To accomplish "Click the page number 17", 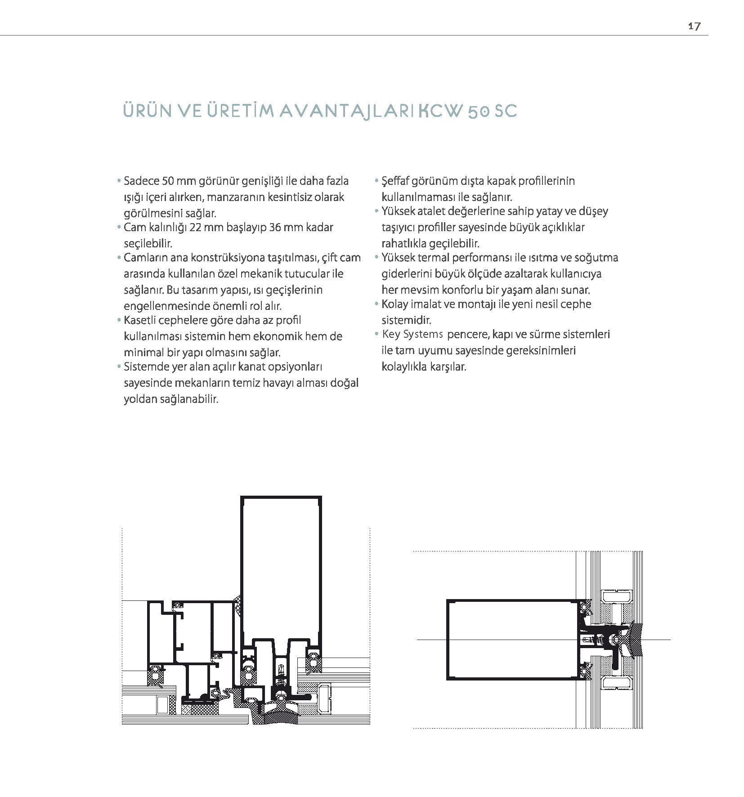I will (694, 26).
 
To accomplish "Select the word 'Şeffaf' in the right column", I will (395, 181).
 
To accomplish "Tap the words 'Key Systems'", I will (412, 335).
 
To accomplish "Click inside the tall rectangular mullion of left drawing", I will (281, 567).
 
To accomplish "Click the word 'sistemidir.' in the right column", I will (407, 321).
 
